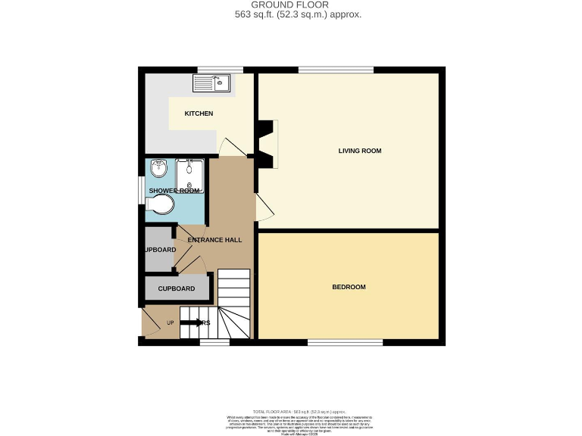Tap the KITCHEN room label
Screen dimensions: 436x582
[199, 114]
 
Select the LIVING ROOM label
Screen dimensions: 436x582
[359, 151]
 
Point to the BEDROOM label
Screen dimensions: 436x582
[349, 287]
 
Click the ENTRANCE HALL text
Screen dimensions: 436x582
[214, 240]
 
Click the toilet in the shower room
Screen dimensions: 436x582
[161, 204]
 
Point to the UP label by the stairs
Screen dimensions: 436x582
[170, 323]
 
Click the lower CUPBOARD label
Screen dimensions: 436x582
[176, 288]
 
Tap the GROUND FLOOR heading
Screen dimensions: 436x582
[291, 5]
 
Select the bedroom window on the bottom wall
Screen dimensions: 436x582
[345, 342]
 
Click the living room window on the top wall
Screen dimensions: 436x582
[335, 70]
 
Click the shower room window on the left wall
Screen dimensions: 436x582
[141, 191]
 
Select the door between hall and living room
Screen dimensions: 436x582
[262, 206]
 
